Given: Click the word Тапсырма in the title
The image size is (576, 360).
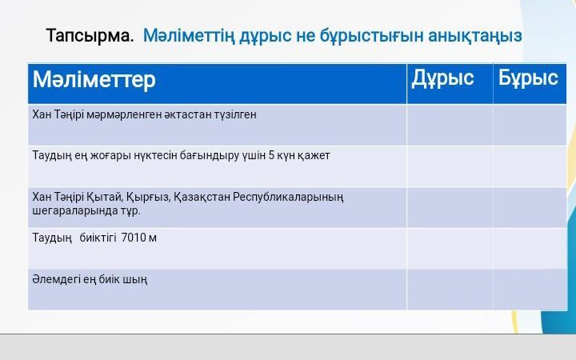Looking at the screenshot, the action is pos(90,36).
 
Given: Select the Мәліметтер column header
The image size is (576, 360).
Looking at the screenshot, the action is pos(94,79).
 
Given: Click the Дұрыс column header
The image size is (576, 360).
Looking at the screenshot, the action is pos(442,78).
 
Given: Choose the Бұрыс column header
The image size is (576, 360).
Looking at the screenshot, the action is pos(528,78).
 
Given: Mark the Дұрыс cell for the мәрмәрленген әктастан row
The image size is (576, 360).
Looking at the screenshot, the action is pos(450,125).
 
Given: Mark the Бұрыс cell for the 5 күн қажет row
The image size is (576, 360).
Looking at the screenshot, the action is pos(530,166).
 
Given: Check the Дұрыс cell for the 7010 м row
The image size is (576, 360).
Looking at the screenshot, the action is pos(450,248).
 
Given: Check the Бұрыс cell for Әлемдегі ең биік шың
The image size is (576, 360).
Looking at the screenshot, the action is pos(530,290).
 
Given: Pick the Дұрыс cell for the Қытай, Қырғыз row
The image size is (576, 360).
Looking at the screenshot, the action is pos(450,207).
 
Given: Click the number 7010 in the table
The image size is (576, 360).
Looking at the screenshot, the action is pos(134,238).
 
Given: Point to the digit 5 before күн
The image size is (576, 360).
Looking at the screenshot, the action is pos(271,155).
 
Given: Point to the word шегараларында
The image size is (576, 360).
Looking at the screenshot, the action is pos(70,211).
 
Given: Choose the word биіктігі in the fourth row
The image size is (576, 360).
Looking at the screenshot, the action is pos(98,238).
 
